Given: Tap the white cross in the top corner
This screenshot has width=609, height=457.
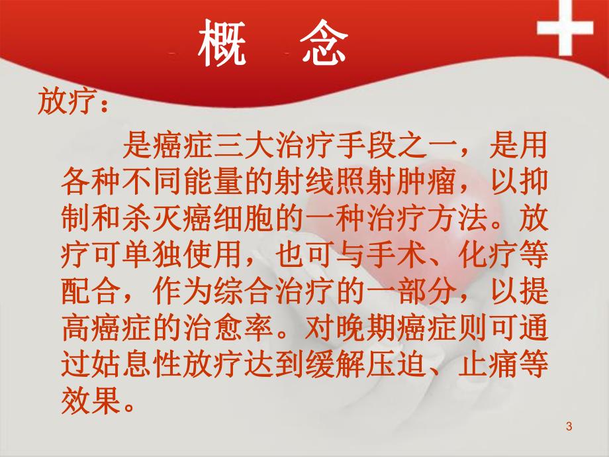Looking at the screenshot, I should coord(565,29).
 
